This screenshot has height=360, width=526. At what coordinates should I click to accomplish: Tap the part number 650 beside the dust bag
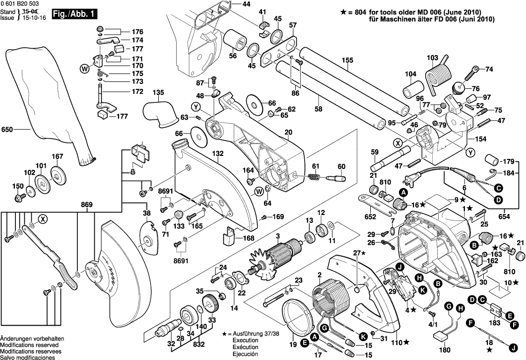tap(7, 130)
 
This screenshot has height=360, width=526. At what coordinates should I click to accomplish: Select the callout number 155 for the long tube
tap(347, 61)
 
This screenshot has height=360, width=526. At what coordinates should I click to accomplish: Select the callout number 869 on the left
tap(88, 205)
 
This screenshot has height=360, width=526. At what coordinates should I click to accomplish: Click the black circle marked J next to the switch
tap(400, 267)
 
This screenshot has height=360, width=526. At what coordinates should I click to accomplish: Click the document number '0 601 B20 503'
tap(22, 4)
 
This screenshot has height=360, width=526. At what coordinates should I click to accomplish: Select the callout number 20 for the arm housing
tap(288, 132)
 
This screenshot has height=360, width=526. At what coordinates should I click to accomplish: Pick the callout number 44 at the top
tap(247, 4)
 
